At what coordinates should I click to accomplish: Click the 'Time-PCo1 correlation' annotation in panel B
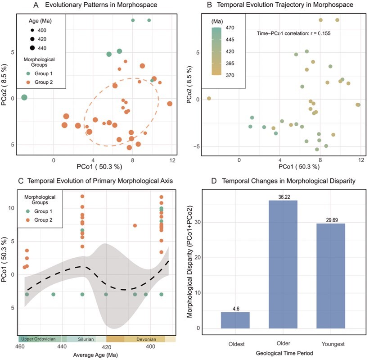pyautogui.click(x=297, y=33)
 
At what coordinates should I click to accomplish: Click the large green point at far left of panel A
pyautogui.click(x=24, y=97)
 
